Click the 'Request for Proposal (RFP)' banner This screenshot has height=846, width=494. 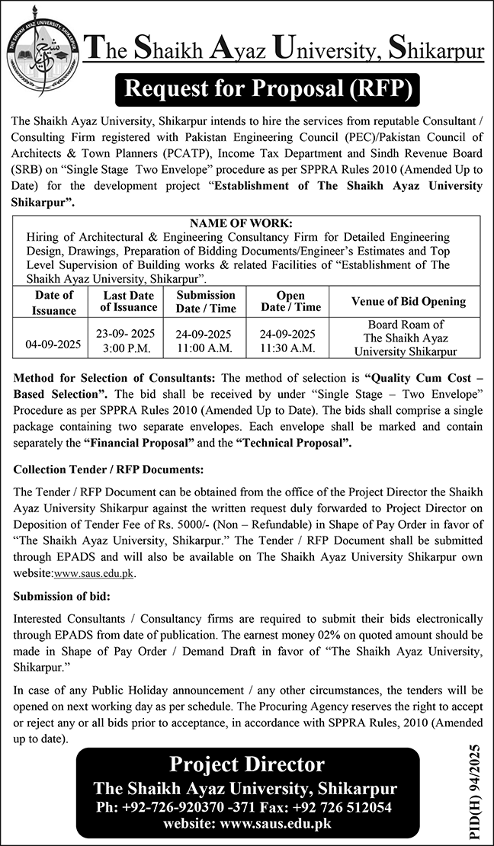pyautogui.click(x=267, y=90)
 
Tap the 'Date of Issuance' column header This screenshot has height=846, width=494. pyautogui.click(x=54, y=303)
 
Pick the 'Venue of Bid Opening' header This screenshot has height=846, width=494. pyautogui.click(x=409, y=301)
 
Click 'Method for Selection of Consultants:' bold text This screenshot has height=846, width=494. pyautogui.click(x=115, y=377)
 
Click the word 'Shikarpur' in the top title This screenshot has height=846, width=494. pyautogui.click(x=436, y=52)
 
